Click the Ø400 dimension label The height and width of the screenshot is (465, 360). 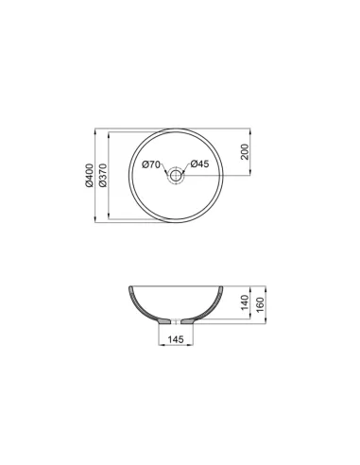coord(89,176)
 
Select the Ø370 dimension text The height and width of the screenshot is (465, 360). coord(103,176)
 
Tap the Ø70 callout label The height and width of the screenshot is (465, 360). coord(151,164)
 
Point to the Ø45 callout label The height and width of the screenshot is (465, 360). coord(199,164)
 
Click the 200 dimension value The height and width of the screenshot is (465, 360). coord(245,151)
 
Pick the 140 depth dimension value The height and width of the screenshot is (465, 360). coord(245,302)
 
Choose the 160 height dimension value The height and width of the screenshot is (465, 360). coord(261,304)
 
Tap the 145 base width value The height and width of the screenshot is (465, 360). coord(176,339)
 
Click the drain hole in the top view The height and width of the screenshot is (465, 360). coord(176,176)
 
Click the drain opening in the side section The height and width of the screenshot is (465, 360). coord(176,321)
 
